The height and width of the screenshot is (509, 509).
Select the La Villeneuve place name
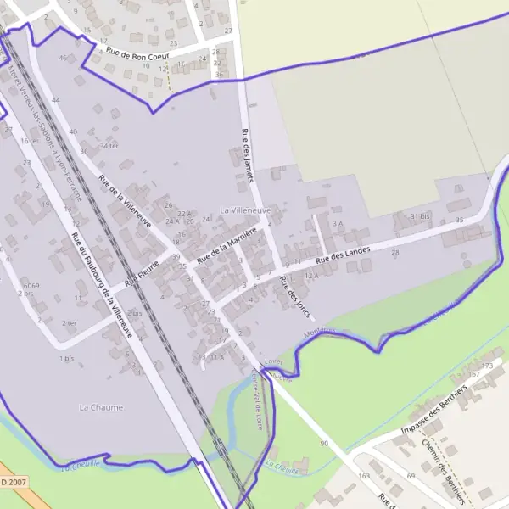point(245,209)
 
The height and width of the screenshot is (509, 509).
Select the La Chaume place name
point(96,407)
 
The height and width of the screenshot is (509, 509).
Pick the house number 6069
point(31,286)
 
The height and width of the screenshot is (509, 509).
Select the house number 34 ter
point(108,146)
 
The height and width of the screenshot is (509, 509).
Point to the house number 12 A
point(310,275)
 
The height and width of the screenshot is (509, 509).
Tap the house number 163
point(364,476)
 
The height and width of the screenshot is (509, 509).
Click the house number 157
point(474,374)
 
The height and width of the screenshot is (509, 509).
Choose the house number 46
point(62,58)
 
